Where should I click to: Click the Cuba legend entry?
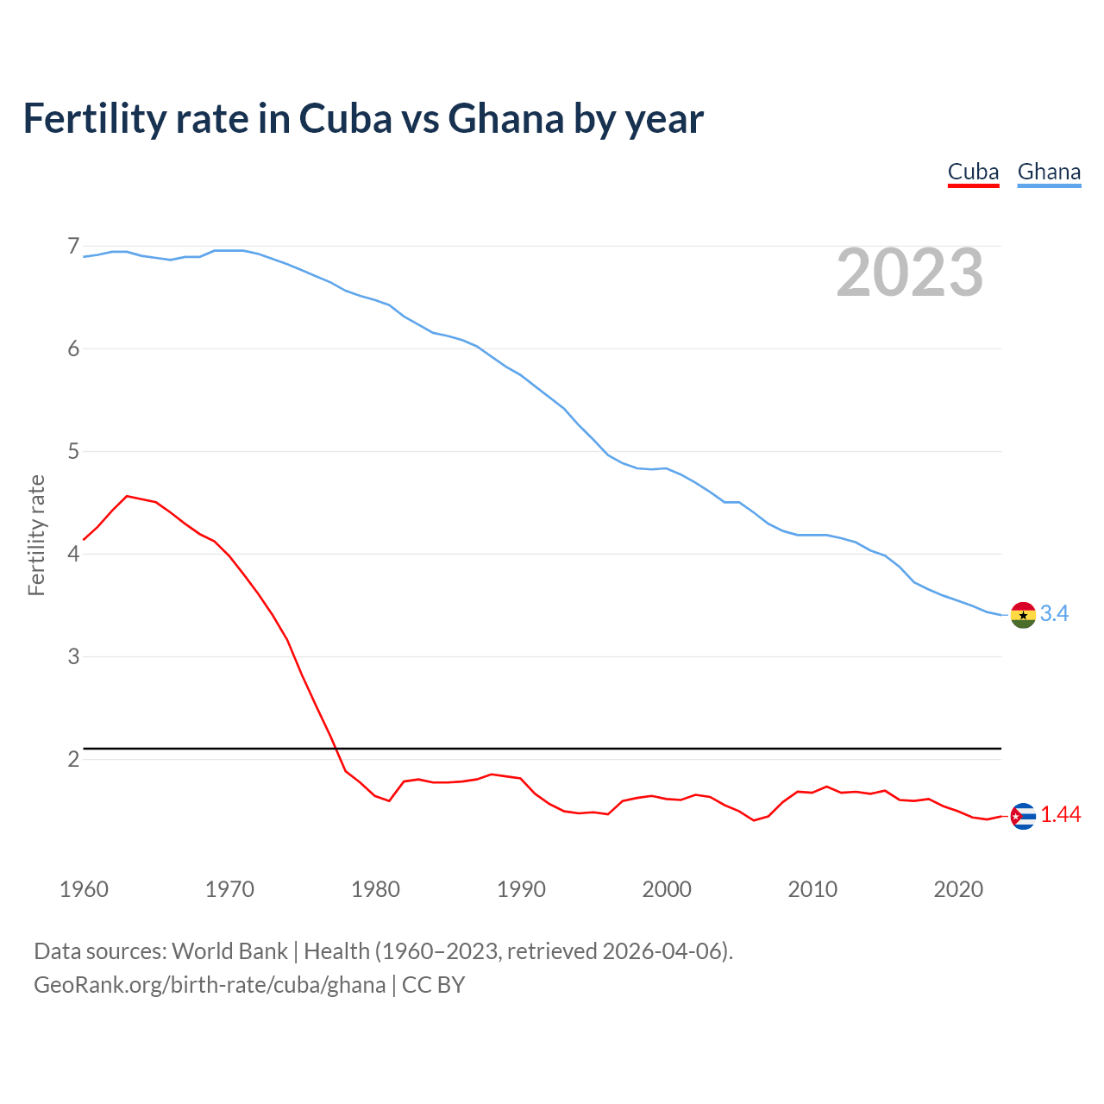click(973, 172)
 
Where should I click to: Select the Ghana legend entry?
click(1049, 172)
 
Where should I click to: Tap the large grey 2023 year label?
click(910, 273)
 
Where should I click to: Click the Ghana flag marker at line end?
click(1023, 615)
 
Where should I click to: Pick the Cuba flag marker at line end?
click(1023, 816)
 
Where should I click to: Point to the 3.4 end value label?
click(1054, 613)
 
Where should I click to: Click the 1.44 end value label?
click(1060, 814)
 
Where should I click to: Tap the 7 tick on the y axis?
click(73, 247)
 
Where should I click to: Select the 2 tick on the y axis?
click(73, 759)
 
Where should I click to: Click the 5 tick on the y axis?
click(73, 451)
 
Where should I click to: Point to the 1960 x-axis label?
click(84, 889)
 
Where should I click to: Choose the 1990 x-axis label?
click(521, 889)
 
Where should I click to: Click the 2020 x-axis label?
click(958, 889)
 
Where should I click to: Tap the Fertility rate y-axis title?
click(36, 535)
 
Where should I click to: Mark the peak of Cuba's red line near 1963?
click(127, 496)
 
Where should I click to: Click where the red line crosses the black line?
click(333, 748)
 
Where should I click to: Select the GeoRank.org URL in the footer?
click(210, 985)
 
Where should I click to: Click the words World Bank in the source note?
click(229, 951)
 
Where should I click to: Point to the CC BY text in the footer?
click(434, 985)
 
